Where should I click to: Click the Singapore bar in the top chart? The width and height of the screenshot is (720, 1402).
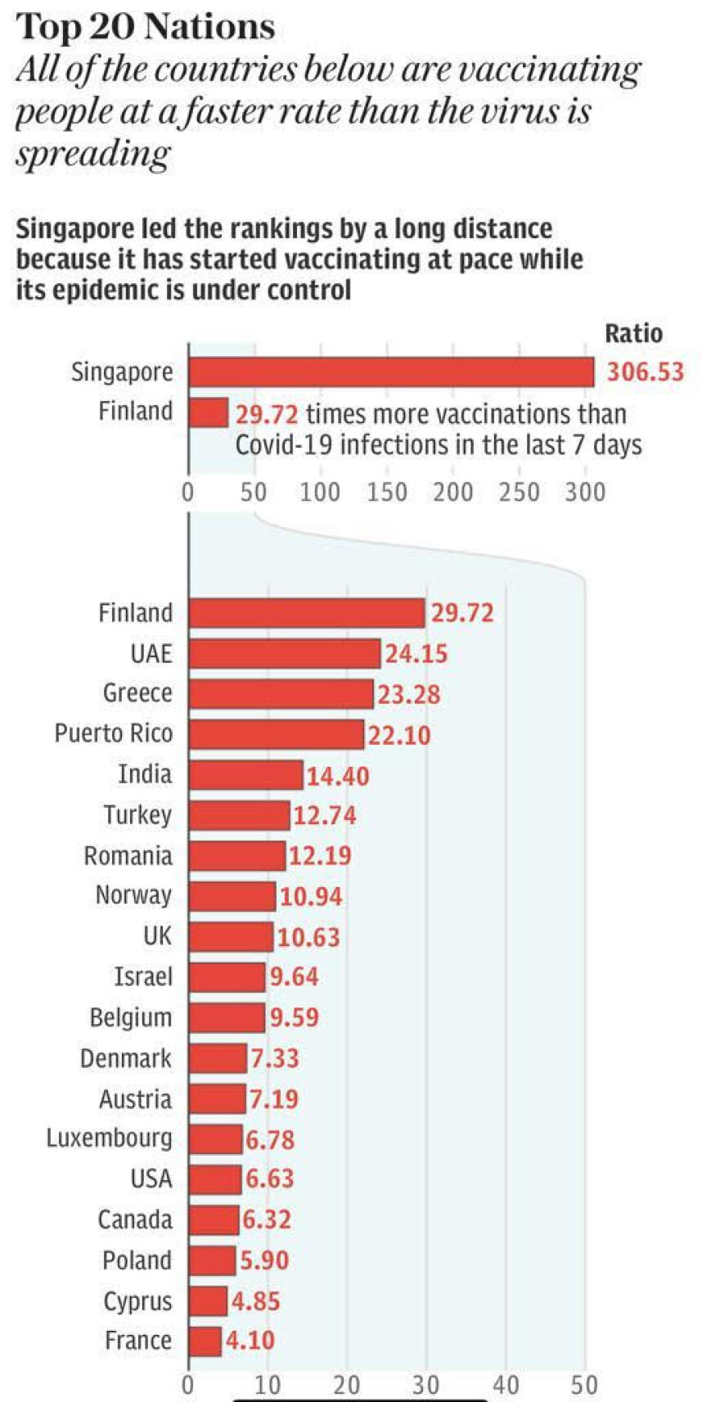point(391,372)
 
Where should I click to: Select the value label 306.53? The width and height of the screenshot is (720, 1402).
point(645,372)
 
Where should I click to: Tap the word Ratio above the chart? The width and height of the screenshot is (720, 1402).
point(633,333)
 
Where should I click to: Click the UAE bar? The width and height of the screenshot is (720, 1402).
point(284,653)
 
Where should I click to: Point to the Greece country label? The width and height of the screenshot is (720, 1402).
point(137,693)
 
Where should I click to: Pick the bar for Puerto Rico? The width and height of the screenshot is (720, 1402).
point(276,734)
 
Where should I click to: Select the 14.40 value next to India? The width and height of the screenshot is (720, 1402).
point(338,775)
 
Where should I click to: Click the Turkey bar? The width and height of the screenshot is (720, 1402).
point(239,815)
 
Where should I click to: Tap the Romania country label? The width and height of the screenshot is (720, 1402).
point(128,856)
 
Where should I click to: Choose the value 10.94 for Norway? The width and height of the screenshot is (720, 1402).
point(311,896)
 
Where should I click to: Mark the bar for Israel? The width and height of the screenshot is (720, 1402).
point(227,977)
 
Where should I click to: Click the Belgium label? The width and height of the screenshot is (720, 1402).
point(131,1018)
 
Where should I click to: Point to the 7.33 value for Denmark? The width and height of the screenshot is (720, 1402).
point(275,1058)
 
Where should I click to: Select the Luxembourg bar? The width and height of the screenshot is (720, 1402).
point(215,1139)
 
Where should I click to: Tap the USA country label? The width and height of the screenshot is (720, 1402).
point(151,1179)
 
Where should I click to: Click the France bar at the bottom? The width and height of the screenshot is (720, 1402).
point(205,1341)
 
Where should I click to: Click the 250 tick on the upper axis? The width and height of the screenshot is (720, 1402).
point(520,492)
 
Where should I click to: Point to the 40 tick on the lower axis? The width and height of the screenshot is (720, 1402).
point(506,1385)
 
